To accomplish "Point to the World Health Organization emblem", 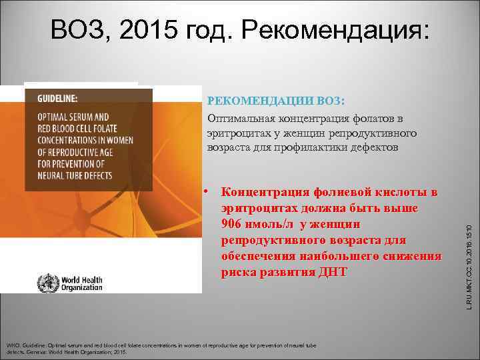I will (48, 283).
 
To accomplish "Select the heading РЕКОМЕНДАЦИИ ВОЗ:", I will (276, 101).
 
